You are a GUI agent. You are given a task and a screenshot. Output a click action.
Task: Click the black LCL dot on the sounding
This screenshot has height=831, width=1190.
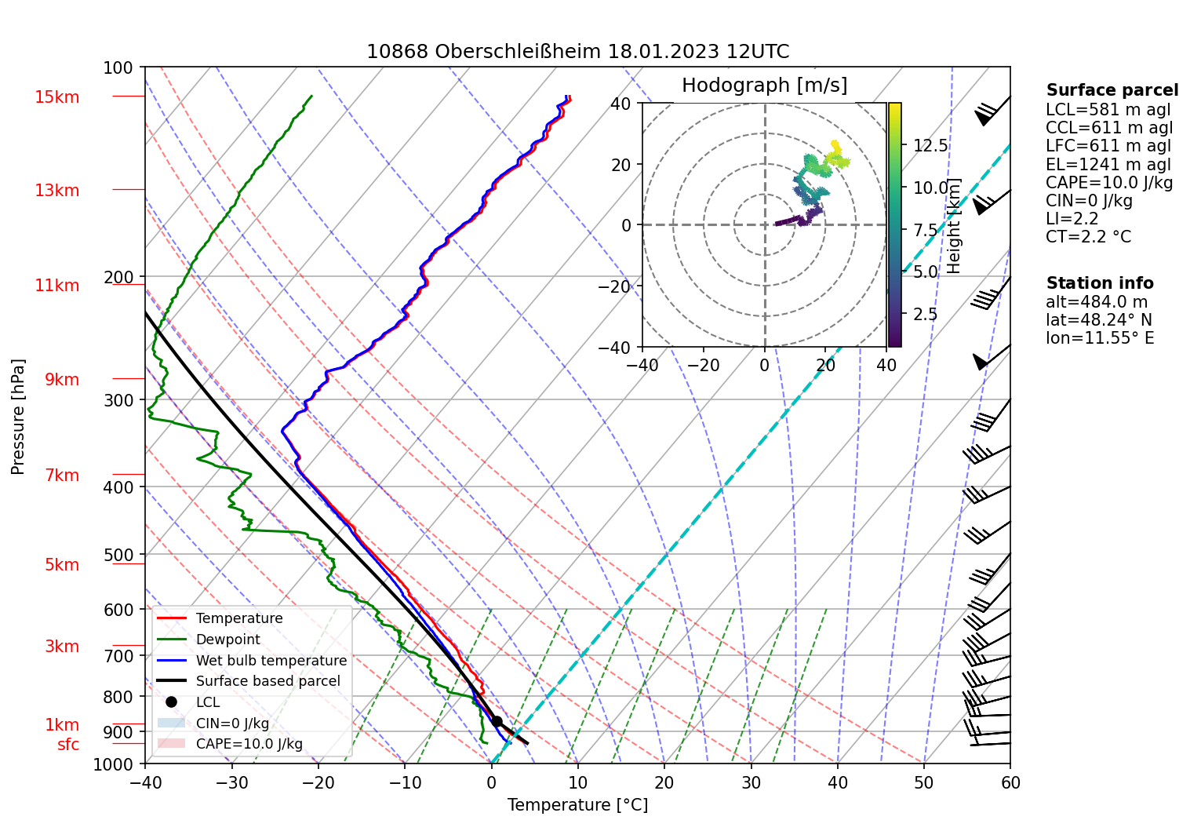click(x=497, y=721)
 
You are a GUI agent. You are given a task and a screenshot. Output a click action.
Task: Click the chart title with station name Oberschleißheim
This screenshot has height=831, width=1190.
click(x=577, y=52)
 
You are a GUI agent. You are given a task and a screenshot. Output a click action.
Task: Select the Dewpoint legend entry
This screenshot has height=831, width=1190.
click(x=227, y=640)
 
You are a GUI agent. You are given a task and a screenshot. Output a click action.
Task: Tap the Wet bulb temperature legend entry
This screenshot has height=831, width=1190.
click(x=271, y=661)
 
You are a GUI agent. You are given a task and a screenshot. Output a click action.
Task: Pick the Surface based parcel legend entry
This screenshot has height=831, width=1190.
click(x=267, y=681)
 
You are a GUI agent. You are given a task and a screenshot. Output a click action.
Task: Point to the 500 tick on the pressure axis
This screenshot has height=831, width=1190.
click(x=118, y=555)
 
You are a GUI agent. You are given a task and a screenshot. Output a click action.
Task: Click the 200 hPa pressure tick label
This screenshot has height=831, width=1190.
click(x=118, y=277)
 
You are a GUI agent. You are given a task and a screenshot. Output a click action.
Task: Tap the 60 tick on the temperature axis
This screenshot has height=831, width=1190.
click(x=1010, y=782)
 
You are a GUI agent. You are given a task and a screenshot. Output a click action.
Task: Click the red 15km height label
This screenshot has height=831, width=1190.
click(x=56, y=97)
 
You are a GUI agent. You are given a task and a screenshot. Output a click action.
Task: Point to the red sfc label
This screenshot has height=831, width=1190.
click(x=68, y=744)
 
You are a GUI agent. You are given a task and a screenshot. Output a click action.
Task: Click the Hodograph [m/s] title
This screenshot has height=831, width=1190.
click(x=764, y=85)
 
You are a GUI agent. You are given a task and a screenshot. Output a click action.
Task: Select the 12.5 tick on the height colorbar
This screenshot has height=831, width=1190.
click(x=930, y=145)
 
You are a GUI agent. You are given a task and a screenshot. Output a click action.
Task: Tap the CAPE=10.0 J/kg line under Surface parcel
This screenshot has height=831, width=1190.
click(x=1109, y=183)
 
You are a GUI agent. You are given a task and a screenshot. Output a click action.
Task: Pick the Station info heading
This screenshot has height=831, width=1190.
click(x=1100, y=283)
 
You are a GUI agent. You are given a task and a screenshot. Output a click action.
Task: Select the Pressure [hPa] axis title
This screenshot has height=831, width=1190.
click(x=18, y=417)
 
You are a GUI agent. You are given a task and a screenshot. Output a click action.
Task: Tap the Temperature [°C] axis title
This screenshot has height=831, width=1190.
click(x=577, y=805)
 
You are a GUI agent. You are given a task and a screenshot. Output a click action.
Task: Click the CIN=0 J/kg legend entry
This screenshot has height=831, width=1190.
click(x=232, y=723)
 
